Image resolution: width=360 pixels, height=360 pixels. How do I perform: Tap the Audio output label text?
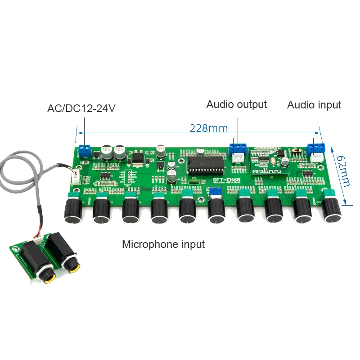click(x=236, y=104)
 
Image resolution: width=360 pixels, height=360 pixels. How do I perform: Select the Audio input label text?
click(x=314, y=105)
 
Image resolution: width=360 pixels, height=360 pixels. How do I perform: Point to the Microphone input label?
click(x=163, y=244)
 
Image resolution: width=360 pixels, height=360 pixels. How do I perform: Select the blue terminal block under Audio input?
click(x=316, y=148)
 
